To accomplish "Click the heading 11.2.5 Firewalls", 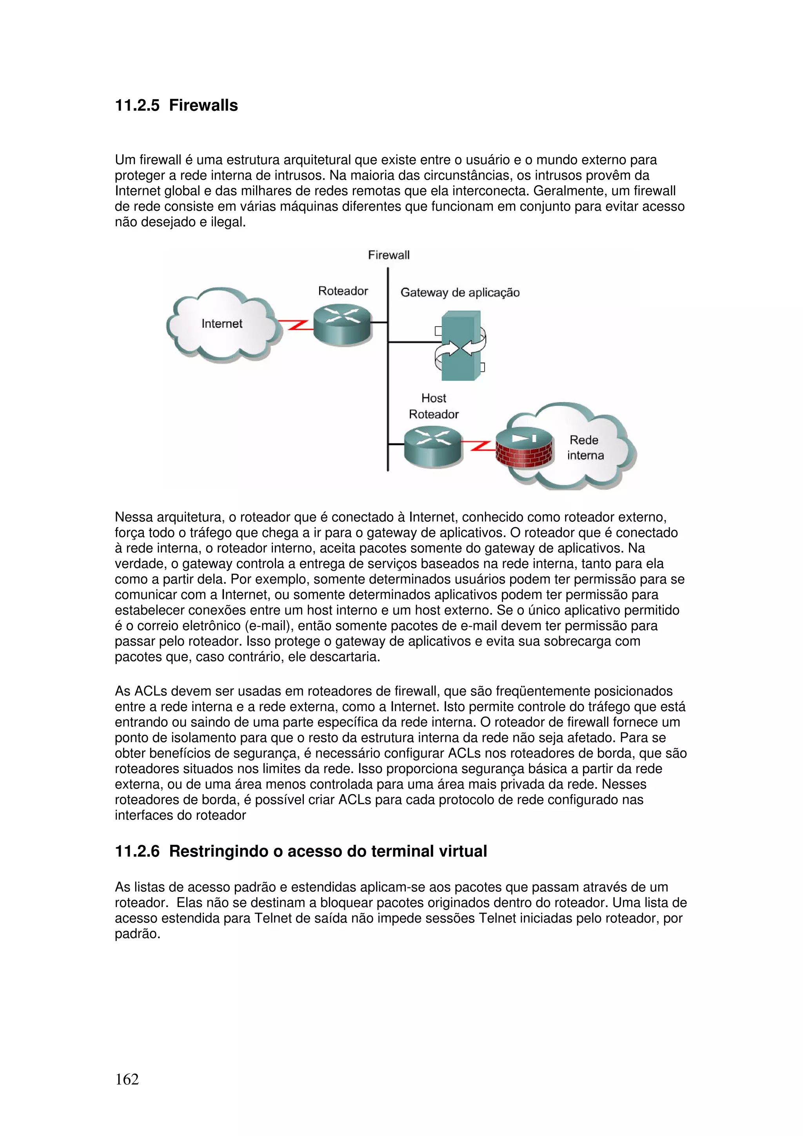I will coord(176,105).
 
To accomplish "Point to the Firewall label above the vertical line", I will coord(389,255).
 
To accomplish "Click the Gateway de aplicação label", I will coord(460,292).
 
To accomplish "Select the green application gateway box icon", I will coord(461,346).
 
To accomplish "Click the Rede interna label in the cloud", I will coord(585,448).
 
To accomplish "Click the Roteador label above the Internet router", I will coord(343,291).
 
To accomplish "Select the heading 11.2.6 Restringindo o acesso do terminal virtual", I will coord(301,851).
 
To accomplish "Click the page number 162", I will coord(127,1079).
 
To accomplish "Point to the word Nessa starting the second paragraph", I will coord(134,517).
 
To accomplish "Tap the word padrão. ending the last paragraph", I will coord(137,934).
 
